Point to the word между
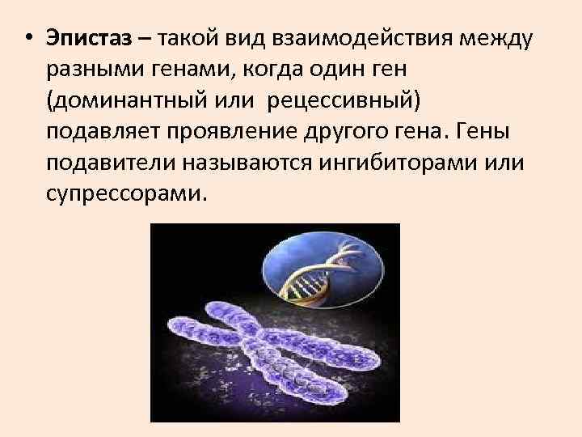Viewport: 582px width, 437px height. click(494, 37)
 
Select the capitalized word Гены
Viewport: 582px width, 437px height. click(496, 131)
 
